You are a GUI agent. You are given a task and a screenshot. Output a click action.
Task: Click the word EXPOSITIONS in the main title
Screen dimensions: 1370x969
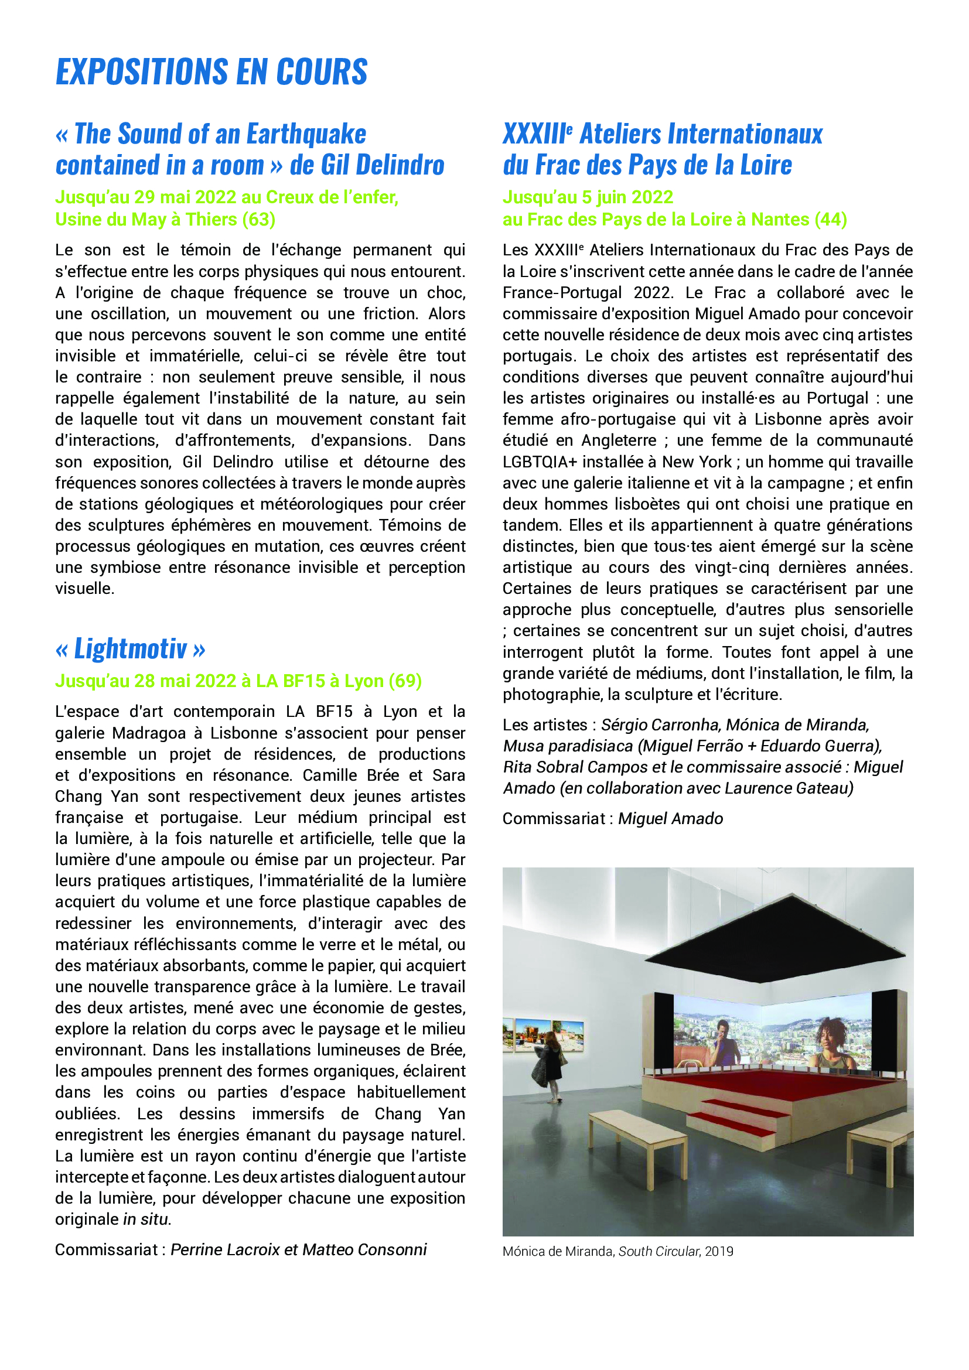[142, 72]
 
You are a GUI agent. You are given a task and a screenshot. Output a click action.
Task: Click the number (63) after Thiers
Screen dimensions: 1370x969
[258, 220]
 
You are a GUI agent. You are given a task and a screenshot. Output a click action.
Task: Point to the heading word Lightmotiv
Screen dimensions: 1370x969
[130, 648]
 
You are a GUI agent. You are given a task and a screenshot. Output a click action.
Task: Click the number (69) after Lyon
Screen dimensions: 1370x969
[405, 681]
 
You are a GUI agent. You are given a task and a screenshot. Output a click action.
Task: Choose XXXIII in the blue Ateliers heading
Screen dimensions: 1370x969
[535, 134]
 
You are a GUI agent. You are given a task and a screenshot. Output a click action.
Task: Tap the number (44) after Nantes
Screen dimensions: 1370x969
[830, 220]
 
